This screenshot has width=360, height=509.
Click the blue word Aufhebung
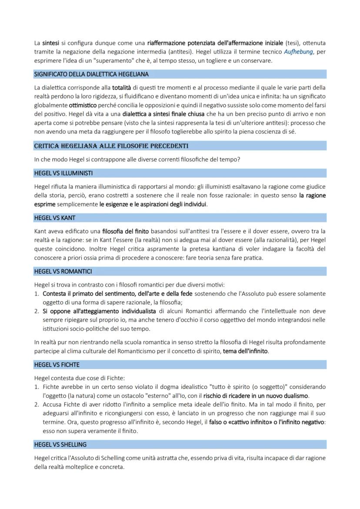coord(298,52)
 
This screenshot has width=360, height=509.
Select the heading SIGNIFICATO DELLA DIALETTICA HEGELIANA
coord(91,74)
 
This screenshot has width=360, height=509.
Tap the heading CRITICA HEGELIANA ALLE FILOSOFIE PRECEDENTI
coord(111,146)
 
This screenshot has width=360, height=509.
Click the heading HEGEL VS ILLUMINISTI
coord(63,173)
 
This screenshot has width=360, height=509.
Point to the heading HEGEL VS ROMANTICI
coord(63,272)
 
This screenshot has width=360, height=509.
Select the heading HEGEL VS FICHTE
coord(57,365)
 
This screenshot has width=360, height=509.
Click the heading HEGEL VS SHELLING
coord(60,445)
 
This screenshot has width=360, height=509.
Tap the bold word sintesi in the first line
coord(50,43)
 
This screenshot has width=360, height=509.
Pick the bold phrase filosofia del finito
coord(125,231)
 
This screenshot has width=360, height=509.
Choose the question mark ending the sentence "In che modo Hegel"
coord(239,159)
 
